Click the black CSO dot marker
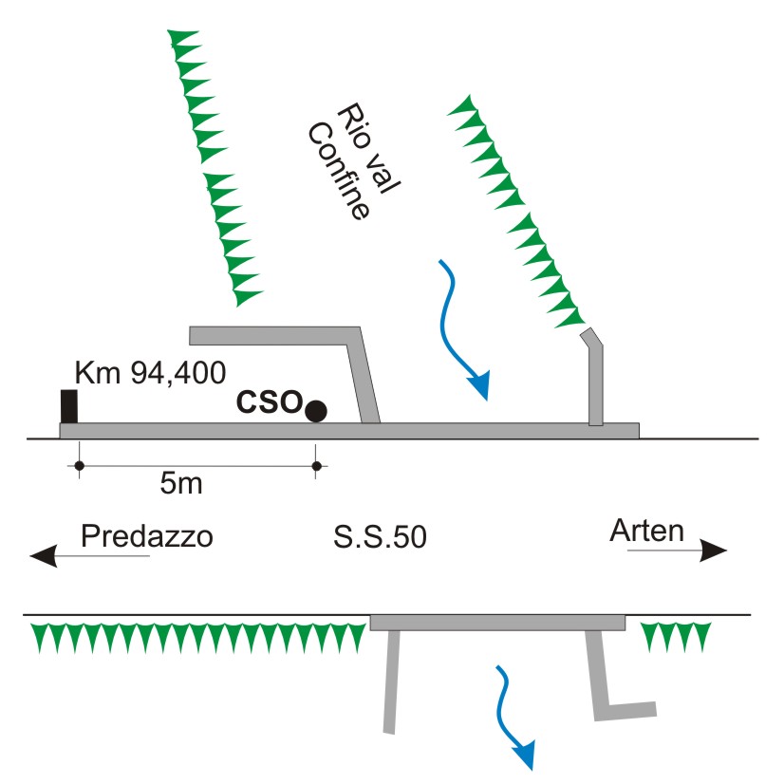click(x=316, y=411)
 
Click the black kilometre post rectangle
click(x=68, y=406)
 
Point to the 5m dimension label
click(x=180, y=484)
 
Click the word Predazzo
click(x=146, y=536)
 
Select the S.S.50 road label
click(x=380, y=537)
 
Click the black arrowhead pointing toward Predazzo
click(x=43, y=555)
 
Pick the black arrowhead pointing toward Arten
click(x=713, y=551)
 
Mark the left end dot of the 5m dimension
click(x=79, y=466)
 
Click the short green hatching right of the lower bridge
click(x=676, y=636)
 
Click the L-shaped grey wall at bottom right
click(x=612, y=683)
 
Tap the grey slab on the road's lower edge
click(x=497, y=623)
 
